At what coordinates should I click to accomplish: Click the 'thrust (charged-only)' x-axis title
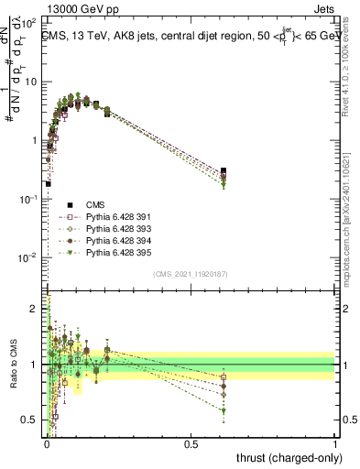pos(284,458)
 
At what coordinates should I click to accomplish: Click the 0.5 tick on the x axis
pos(191,443)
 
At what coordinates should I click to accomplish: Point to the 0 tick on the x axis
pos(46,443)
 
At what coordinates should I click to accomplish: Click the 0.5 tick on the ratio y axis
pos(33,420)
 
